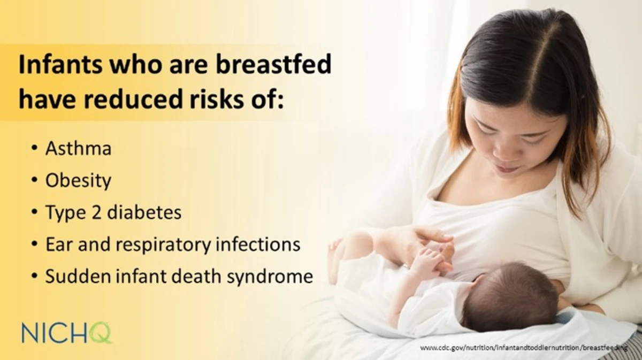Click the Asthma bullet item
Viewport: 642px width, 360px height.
tap(78, 149)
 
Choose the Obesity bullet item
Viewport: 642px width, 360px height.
tap(78, 181)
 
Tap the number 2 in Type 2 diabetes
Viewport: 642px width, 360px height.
tap(96, 212)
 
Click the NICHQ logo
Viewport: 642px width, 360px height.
tap(67, 333)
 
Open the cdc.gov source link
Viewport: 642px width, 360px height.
tap(523, 348)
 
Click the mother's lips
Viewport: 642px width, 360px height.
tap(506, 168)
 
